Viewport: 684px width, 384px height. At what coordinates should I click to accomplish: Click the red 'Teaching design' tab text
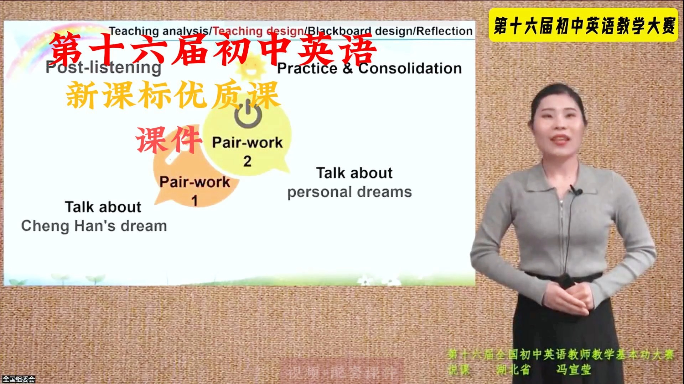tap(258, 31)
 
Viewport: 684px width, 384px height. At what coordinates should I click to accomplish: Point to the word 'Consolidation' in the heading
tap(410, 68)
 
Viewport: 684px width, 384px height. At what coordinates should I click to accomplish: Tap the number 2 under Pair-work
tap(247, 161)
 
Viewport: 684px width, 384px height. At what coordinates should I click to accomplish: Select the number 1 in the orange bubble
tap(195, 201)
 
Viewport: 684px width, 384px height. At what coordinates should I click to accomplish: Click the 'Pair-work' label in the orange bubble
tap(195, 182)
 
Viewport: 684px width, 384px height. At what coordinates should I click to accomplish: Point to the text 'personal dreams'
tap(349, 192)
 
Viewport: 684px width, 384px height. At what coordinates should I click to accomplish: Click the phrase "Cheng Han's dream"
tap(94, 226)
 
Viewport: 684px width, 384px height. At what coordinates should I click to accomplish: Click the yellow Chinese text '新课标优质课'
tap(172, 95)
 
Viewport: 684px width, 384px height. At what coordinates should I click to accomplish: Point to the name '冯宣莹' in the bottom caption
tap(574, 370)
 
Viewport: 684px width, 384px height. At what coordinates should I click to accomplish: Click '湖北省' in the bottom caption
tap(513, 370)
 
